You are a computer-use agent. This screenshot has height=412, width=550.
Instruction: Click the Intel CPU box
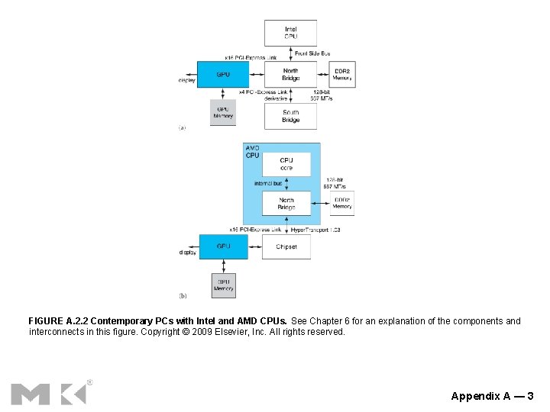[290, 33]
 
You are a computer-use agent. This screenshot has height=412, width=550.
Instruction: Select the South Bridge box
[290, 116]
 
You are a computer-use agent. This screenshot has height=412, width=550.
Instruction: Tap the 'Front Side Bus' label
[312, 53]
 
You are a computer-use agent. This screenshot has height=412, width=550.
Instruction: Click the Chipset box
[286, 246]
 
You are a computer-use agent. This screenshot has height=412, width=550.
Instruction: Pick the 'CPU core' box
[286, 164]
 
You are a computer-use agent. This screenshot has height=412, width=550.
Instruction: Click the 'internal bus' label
[268, 184]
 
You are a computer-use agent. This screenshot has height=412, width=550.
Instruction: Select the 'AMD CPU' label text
[253, 151]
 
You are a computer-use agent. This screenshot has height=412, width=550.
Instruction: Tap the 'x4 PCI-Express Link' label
[264, 92]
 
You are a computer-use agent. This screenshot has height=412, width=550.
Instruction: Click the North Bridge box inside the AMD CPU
[286, 204]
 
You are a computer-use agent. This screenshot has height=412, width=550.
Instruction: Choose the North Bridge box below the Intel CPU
[290, 74]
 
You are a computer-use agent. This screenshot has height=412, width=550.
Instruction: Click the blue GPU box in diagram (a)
[223, 75]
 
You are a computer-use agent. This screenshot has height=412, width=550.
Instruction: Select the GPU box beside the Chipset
[223, 246]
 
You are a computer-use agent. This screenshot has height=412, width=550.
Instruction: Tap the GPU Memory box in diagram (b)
[223, 285]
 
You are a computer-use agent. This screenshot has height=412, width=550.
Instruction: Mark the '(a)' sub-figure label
[182, 128]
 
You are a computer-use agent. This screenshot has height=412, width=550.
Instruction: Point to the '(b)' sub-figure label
[183, 295]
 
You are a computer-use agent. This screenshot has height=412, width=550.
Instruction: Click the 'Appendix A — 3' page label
[492, 396]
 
